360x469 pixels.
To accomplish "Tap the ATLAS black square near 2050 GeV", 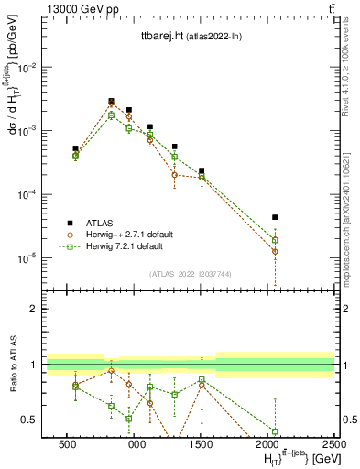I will pyautogui.click(x=275, y=217).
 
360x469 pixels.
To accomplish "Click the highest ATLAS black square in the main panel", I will pyautogui.click(x=111, y=101).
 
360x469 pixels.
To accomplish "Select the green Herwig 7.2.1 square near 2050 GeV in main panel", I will pyautogui.click(x=275, y=240).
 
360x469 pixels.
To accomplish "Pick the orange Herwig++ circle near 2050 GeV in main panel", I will pyautogui.click(x=275, y=251).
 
